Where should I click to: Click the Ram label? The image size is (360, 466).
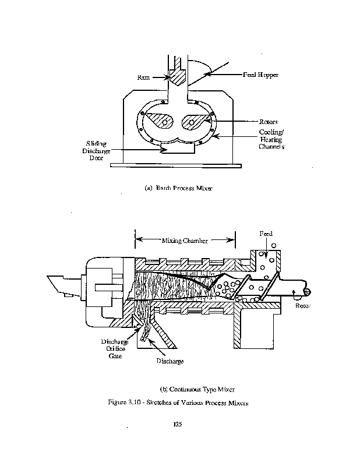click(x=143, y=77)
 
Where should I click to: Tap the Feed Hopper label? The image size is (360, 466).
click(x=261, y=75)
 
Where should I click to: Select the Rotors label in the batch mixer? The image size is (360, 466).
click(x=269, y=122)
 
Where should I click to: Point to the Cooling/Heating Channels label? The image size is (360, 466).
click(x=271, y=139)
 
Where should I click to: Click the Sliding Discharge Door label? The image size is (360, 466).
click(x=96, y=151)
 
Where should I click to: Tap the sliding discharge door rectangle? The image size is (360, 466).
click(x=178, y=148)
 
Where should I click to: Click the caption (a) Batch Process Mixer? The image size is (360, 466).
click(x=178, y=188)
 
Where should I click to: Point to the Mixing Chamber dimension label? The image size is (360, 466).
click(x=185, y=241)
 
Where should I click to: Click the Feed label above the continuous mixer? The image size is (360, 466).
click(x=266, y=234)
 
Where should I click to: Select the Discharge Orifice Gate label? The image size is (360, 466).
click(x=115, y=348)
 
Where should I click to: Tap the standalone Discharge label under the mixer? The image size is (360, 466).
click(x=170, y=361)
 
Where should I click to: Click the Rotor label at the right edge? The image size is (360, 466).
click(x=303, y=305)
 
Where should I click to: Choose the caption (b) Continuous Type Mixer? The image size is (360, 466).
click(x=197, y=389)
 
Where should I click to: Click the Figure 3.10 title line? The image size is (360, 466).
click(x=178, y=403)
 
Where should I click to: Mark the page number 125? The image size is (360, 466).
click(x=178, y=424)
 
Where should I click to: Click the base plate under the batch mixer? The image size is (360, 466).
click(x=176, y=165)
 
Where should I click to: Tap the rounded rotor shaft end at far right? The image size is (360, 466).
click(x=307, y=292)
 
